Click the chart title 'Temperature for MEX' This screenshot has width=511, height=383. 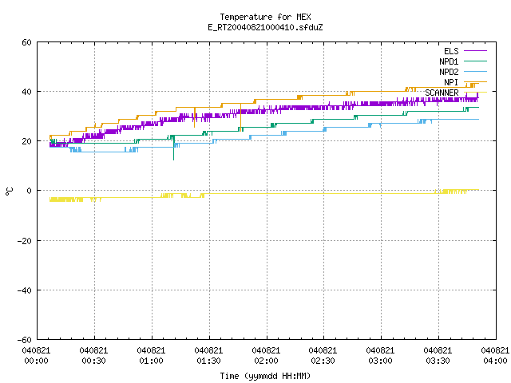point(265,17)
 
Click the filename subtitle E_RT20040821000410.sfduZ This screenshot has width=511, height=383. point(265,27)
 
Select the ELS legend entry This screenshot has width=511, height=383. point(465,51)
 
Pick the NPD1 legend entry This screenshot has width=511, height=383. point(463,61)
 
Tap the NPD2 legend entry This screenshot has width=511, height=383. point(463,72)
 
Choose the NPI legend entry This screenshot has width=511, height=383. point(465,82)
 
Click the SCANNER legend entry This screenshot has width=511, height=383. point(456,93)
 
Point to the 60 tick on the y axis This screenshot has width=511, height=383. point(26,42)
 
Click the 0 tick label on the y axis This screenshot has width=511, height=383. point(30,191)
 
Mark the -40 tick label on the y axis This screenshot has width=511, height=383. point(25,290)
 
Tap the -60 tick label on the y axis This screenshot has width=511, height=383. point(25,340)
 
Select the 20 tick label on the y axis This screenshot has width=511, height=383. point(26,141)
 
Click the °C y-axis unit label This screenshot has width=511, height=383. point(10,191)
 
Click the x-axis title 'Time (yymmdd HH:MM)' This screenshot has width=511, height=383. point(265,376)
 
